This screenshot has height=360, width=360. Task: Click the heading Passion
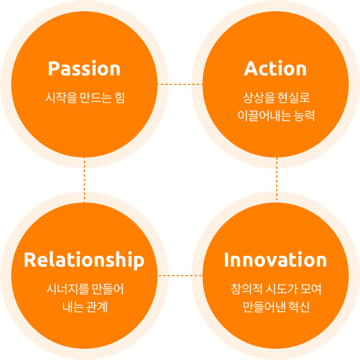(84, 69)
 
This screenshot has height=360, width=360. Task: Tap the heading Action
(276, 69)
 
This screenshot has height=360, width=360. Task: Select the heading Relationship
(84, 260)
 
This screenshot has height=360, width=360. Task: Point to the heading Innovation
(276, 260)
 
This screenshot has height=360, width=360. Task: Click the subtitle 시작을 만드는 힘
(84, 97)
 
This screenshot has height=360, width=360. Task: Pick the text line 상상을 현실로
(276, 97)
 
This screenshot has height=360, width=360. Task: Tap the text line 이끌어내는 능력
(276, 116)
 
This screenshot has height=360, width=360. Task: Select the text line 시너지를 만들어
(84, 289)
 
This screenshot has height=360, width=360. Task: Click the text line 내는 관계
(84, 308)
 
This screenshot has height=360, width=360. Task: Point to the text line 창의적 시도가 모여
(276, 289)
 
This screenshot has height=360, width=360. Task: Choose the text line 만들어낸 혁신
(276, 308)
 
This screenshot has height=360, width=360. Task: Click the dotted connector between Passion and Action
(180, 84)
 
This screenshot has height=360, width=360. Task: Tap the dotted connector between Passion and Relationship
(84, 180)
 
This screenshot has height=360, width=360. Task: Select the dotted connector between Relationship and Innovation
(180, 276)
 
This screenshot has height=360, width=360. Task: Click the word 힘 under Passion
(119, 97)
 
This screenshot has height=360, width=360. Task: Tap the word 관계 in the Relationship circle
(97, 308)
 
